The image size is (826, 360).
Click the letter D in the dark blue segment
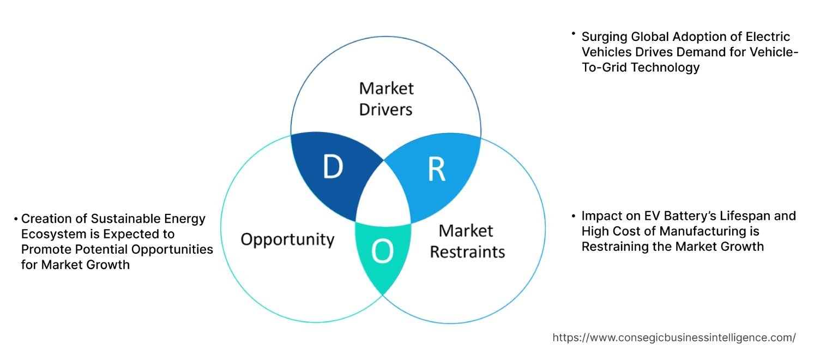coord(333,167)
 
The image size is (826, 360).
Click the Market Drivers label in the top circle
coord(386,99)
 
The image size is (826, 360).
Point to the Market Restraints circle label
coord(467,241)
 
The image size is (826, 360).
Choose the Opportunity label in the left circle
coord(287,239)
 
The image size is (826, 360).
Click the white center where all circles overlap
coord(384,196)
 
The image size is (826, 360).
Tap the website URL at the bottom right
coord(674,338)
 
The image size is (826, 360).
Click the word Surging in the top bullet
coord(604,37)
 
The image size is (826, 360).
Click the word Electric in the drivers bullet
coord(767,37)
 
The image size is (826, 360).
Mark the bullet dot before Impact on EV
coord(573,216)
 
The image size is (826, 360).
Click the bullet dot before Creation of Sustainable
coord(16,219)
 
